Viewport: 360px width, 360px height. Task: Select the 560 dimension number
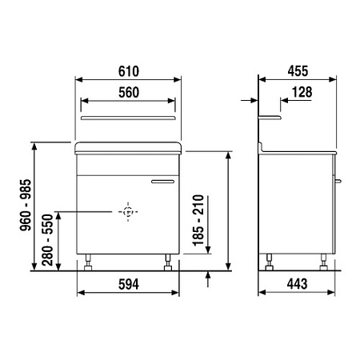click(128, 91)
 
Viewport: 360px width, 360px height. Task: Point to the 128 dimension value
click(302, 92)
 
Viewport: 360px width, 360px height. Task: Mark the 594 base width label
click(128, 284)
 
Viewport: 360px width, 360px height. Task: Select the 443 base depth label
click(297, 284)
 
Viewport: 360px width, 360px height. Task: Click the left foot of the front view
click(89, 262)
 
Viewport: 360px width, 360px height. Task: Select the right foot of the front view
click(167, 262)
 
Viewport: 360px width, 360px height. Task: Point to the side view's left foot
click(269, 262)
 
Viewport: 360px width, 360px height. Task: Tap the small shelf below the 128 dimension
click(271, 117)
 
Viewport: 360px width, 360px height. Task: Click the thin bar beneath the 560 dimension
click(128, 117)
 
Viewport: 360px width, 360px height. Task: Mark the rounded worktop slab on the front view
click(128, 148)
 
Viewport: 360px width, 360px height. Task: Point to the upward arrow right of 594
click(208, 279)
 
